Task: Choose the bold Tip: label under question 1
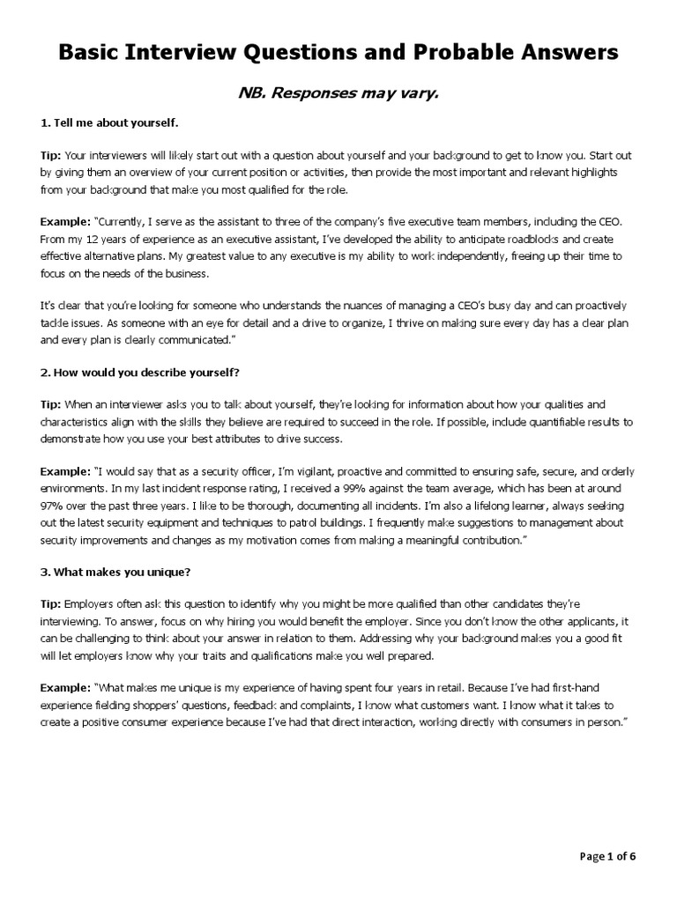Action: [51, 154]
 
